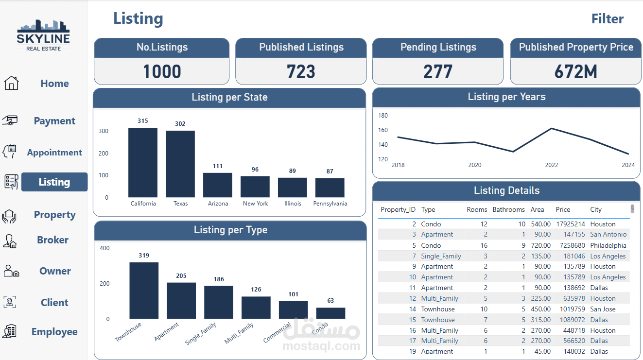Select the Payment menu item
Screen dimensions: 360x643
54,121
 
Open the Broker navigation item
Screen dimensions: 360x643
52,240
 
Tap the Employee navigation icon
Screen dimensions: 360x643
10,332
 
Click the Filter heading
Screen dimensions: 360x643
607,19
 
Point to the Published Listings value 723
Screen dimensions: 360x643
301,72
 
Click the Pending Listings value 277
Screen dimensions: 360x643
437,72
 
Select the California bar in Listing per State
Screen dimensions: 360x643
143,162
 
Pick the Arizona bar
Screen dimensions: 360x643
218,185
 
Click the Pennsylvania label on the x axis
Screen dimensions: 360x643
330,204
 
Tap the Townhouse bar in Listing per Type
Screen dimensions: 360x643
144,291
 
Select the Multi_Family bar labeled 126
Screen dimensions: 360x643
256,308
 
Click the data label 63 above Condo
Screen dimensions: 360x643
330,301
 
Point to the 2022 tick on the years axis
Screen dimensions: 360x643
552,165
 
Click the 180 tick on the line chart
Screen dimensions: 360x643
383,116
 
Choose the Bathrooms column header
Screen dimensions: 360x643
508,210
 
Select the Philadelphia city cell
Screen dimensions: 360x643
608,245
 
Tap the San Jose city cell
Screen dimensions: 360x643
603,309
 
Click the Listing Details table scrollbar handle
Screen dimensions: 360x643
632,209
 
